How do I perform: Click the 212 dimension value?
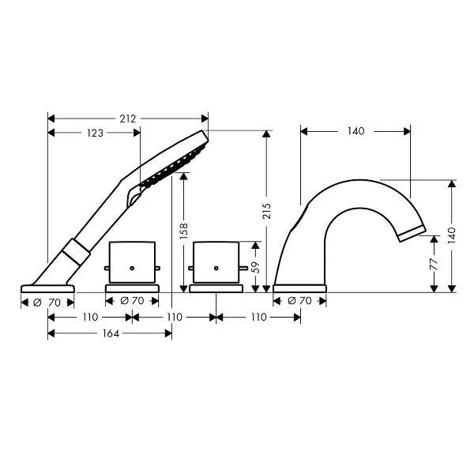pos(127,118)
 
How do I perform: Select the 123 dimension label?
pos(95,133)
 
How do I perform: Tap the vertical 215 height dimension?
pos(267,211)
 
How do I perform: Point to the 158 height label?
pos(184,231)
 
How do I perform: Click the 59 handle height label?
pos(256,267)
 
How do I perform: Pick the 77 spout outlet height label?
pos(434,264)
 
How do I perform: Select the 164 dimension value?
pos(111,333)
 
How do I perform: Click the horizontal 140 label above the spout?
pos(355,131)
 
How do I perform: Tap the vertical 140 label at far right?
pos(451,235)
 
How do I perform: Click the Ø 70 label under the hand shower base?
pos(47,303)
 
